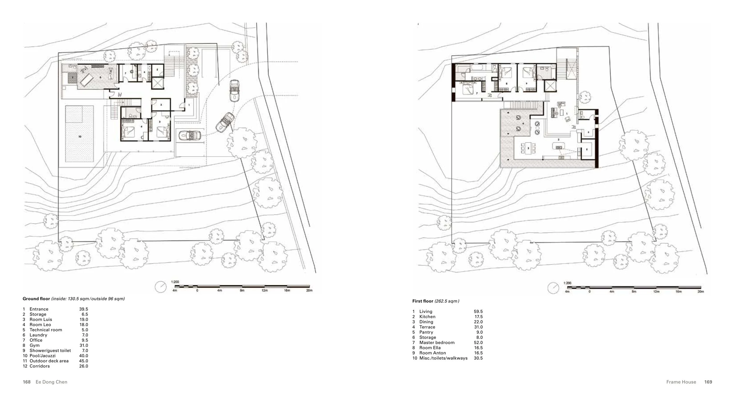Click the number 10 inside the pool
coord(80,137)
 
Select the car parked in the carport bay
coord(190,136)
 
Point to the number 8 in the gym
coord(101,77)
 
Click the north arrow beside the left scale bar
coord(161,287)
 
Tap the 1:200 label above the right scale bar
coord(568,283)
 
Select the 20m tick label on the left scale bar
coord(309,290)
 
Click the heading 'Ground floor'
coord(36,299)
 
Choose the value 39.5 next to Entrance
coord(83,309)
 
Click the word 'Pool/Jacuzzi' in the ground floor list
coord(43,356)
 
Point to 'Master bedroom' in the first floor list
coord(437,342)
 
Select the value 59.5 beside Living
coord(478,312)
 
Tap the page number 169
coord(708,382)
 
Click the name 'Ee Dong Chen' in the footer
coord(51,382)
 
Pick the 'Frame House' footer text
coord(681,382)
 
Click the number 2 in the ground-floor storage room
coord(161,105)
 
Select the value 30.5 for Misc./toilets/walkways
coord(478,358)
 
